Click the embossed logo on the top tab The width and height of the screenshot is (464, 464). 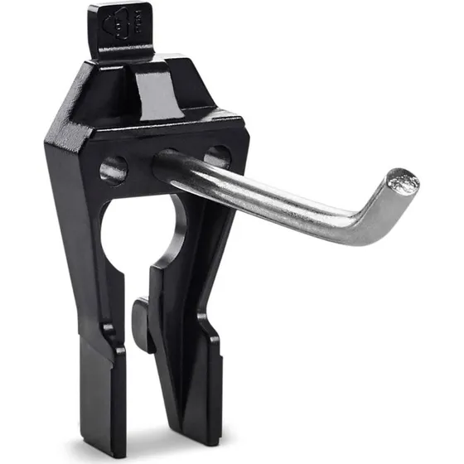tap(123, 27)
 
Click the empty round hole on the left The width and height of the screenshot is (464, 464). tap(113, 170)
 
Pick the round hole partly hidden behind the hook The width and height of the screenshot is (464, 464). tap(218, 156)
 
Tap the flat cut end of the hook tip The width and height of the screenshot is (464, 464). tap(404, 181)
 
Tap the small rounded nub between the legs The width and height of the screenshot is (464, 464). tap(140, 323)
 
